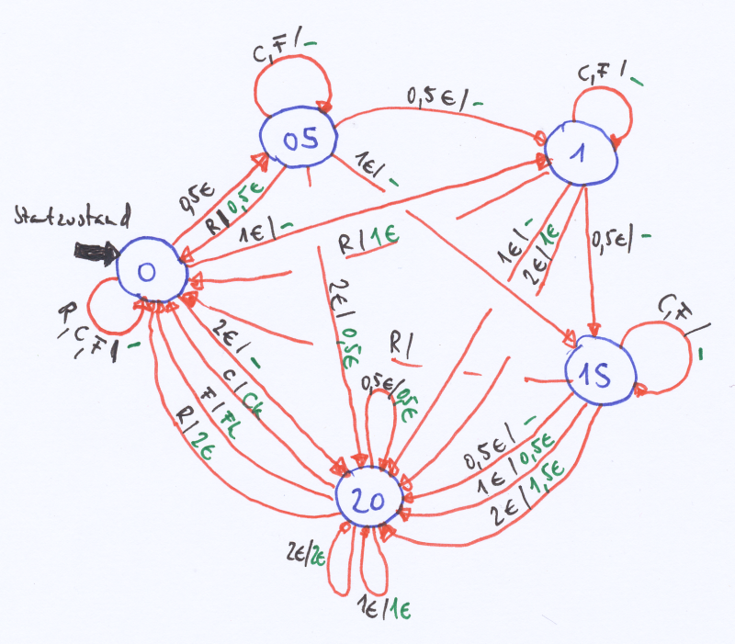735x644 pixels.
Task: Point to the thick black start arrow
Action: (x=94, y=252)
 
